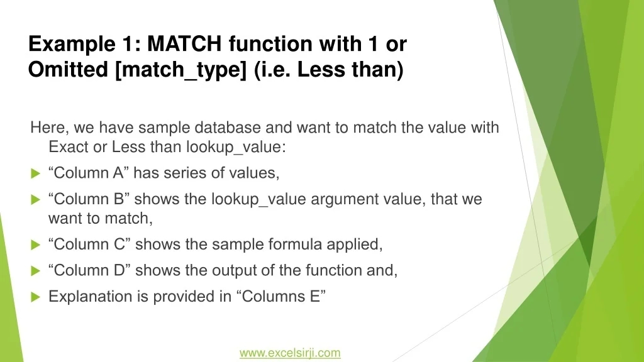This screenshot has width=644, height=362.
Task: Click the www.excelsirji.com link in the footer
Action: (290, 353)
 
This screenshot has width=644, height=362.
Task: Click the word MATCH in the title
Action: (184, 43)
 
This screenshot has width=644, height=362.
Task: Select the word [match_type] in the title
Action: (180, 70)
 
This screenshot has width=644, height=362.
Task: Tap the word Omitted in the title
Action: (68, 69)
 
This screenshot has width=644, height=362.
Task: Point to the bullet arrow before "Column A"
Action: (36, 173)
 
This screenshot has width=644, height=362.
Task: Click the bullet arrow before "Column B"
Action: (36, 199)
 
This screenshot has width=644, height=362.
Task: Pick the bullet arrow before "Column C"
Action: (36, 244)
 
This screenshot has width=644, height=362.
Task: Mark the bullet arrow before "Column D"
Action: (36, 271)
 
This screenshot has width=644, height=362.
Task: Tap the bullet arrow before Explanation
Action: (36, 297)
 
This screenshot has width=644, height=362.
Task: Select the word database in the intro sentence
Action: (228, 127)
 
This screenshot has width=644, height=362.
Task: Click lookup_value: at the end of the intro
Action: (236, 147)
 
